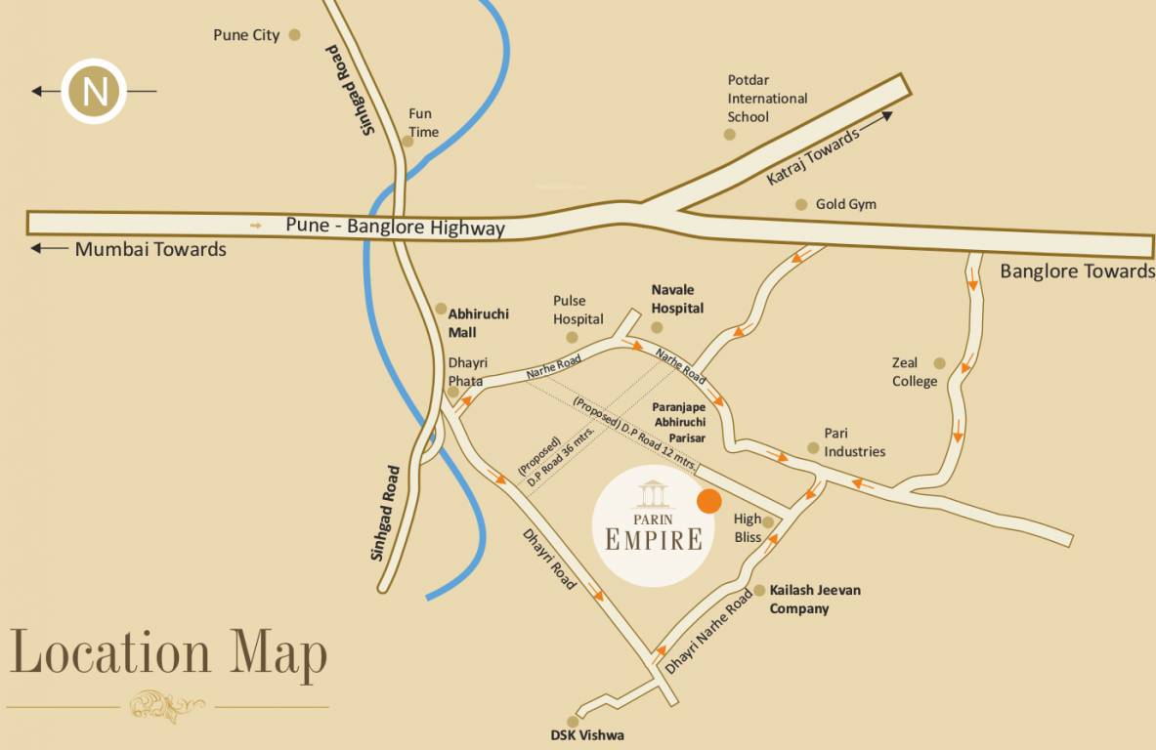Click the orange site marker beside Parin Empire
pyautogui.click(x=709, y=501)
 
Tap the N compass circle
pyautogui.click(x=95, y=92)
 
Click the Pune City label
pyautogui.click(x=246, y=35)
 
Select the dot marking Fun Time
pyautogui.click(x=407, y=141)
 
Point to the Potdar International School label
pyautogui.click(x=767, y=99)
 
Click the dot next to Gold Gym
pyautogui.click(x=801, y=204)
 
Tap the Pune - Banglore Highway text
pyautogui.click(x=395, y=227)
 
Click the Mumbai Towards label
pyautogui.click(x=150, y=250)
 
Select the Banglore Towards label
pyautogui.click(x=1077, y=271)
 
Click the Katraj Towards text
pyautogui.click(x=812, y=156)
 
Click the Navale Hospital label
pyautogui.click(x=677, y=299)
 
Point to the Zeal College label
pyautogui.click(x=914, y=372)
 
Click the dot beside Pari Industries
pyautogui.click(x=813, y=448)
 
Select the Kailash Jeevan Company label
pyautogui.click(x=815, y=600)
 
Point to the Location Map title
pyautogui.click(x=168, y=653)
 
